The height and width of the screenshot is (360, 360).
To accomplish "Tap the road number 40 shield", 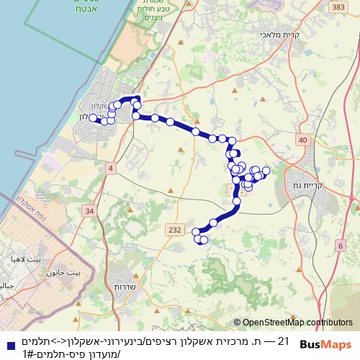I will [302, 140].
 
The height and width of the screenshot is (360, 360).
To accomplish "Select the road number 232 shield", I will [174, 229].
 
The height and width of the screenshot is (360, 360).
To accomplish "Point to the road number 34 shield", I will [89, 211].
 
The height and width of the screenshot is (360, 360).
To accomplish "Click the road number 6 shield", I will [339, 246].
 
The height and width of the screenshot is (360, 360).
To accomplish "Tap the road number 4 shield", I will [110, 168].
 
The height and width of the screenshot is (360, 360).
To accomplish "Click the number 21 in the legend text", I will [282, 341].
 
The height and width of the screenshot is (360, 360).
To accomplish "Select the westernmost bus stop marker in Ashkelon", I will [93, 117].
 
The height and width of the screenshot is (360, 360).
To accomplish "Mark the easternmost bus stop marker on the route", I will [266, 171].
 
